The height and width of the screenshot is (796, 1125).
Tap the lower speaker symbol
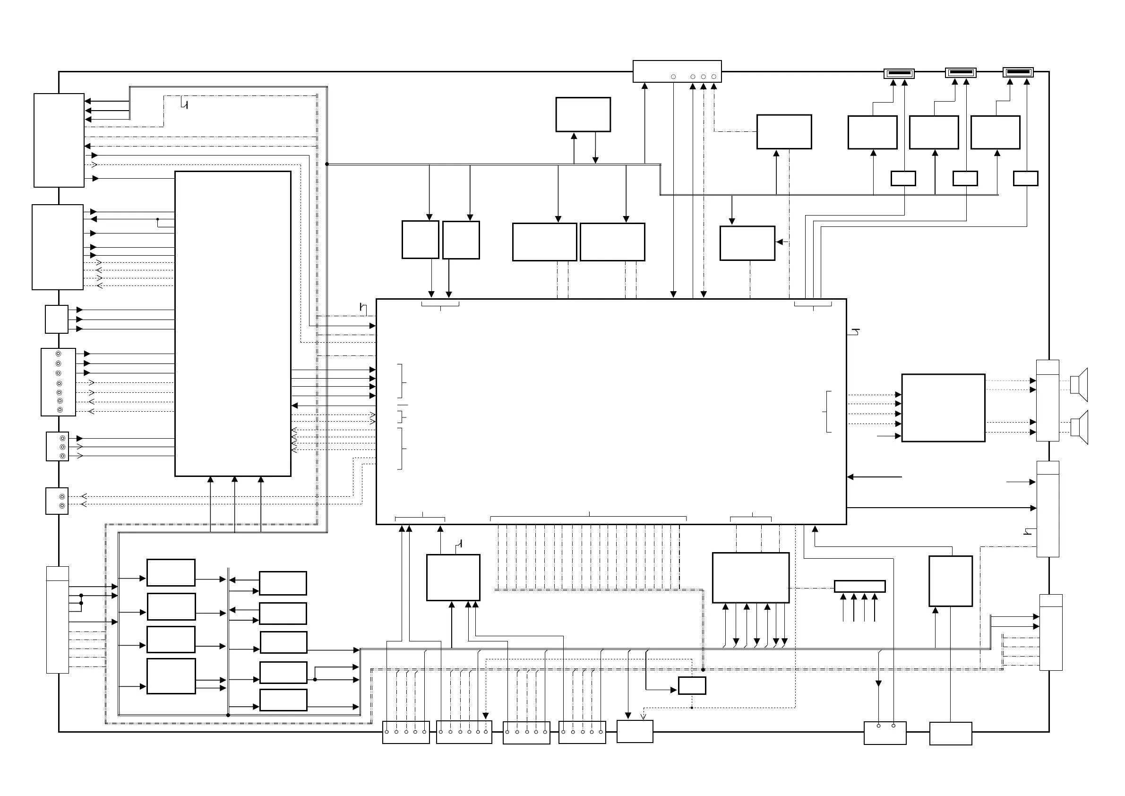point(1079,427)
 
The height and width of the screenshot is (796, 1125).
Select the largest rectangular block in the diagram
point(611,412)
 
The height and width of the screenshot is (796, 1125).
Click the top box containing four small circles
point(677,71)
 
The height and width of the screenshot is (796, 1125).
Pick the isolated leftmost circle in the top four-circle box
point(673,77)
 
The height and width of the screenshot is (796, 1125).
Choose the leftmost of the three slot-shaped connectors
point(899,74)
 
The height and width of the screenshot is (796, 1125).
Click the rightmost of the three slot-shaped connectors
point(1018,72)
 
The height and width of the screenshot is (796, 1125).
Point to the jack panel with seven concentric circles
point(58,382)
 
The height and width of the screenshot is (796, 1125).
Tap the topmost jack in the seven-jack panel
point(58,354)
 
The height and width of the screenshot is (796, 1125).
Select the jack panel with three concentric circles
point(57,447)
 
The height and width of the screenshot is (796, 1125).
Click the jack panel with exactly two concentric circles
point(57,501)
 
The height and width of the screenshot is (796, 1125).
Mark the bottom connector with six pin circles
point(464,732)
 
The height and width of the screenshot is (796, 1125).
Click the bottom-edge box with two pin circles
point(885,733)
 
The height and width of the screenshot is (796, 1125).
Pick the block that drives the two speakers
point(943,408)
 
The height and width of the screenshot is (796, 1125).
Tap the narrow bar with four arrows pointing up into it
point(859,586)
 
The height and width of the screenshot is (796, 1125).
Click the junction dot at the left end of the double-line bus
point(327,164)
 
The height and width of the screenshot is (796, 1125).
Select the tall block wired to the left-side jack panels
point(233,323)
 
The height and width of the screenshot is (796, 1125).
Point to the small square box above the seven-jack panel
point(56,319)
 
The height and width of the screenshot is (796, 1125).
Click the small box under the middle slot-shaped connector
point(965,178)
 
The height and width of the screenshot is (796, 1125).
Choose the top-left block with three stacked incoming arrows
point(59,140)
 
